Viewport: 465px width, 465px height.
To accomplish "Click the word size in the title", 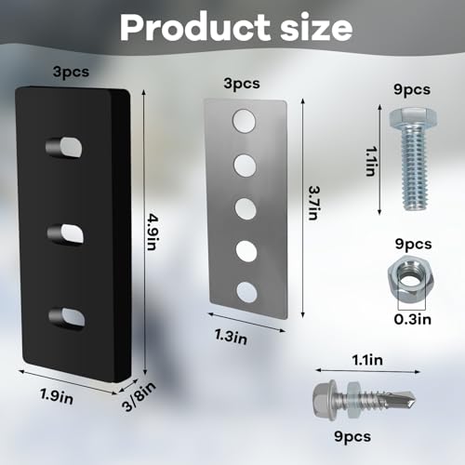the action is pos(316,27).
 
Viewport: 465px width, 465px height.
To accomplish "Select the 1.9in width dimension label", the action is pos(57,396).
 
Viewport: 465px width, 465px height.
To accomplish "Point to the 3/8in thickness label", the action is pos(139,396).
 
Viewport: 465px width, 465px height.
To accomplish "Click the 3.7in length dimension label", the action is pos(313,203).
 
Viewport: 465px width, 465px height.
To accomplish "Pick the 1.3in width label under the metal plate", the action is pos(231,337).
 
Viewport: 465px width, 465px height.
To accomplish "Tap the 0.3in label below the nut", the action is pos(413,319).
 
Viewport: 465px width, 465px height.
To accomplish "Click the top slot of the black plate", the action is pos(64,147).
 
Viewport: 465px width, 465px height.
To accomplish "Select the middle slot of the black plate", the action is pos(66,234).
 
